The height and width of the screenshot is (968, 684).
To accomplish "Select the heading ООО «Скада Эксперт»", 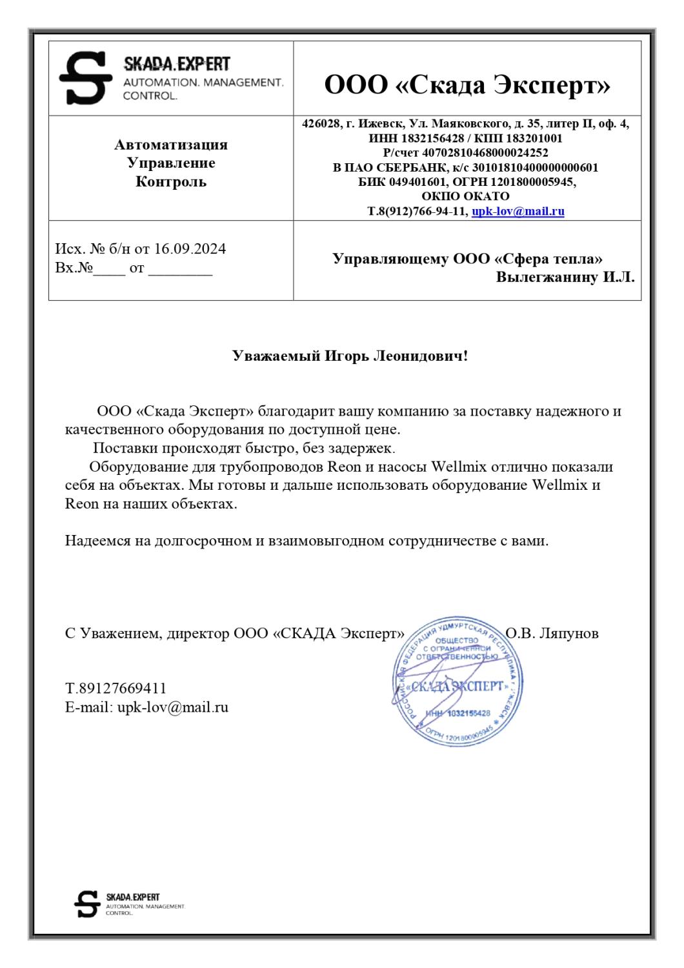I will coord(467,85).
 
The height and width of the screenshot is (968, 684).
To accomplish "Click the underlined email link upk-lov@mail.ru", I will coord(518,211).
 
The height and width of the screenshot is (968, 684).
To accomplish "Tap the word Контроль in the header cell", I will coord(171,181).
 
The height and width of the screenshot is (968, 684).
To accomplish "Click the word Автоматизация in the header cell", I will coord(171,145).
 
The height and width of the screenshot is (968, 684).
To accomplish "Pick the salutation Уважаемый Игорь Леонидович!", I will coord(350,356).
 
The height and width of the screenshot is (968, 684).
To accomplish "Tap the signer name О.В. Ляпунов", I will coord(552,633).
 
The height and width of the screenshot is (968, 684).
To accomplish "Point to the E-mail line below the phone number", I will coord(146,707).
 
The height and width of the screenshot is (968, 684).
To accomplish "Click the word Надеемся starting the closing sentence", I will coord(96,541).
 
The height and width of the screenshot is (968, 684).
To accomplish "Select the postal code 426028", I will coord(321,124).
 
